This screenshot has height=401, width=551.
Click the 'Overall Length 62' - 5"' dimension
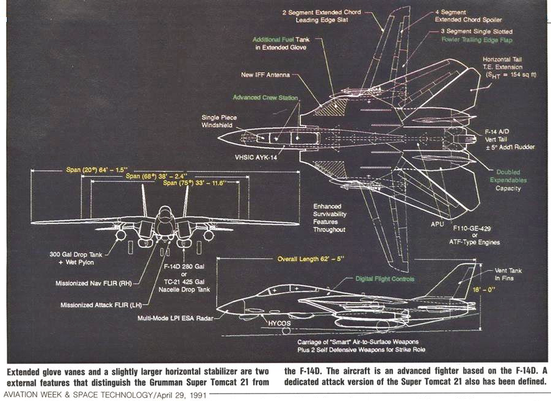coord(311,259)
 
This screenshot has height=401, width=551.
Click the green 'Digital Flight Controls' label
coord(385,279)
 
